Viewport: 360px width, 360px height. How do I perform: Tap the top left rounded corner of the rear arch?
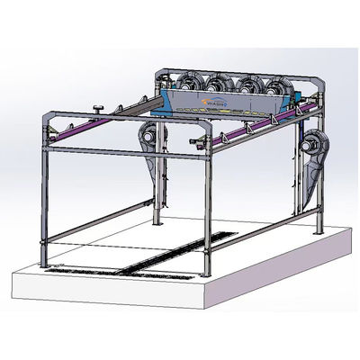click(167, 72)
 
